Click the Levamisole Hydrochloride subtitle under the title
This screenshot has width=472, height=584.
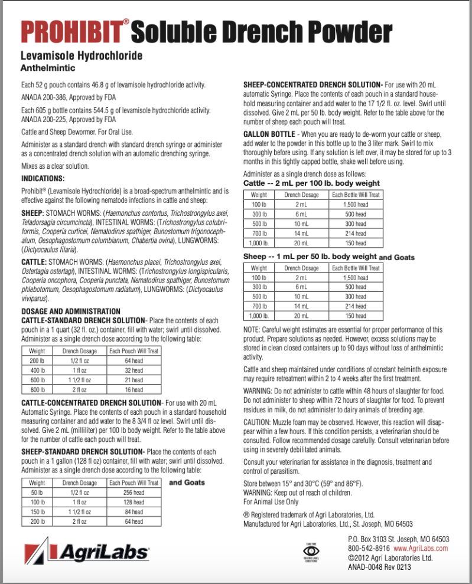click(82, 57)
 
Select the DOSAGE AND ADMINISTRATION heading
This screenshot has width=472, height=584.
click(71, 311)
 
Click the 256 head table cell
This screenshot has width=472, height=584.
click(134, 492)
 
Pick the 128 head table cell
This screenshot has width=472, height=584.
click(134, 502)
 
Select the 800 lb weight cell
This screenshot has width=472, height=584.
click(37, 389)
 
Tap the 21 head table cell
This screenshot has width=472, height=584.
click(134, 380)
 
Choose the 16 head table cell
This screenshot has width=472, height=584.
click(134, 389)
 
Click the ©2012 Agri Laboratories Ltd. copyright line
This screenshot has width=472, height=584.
click(390, 557)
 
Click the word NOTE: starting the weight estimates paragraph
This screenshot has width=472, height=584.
click(252, 330)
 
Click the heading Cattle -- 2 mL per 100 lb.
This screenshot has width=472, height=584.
click(311, 183)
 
